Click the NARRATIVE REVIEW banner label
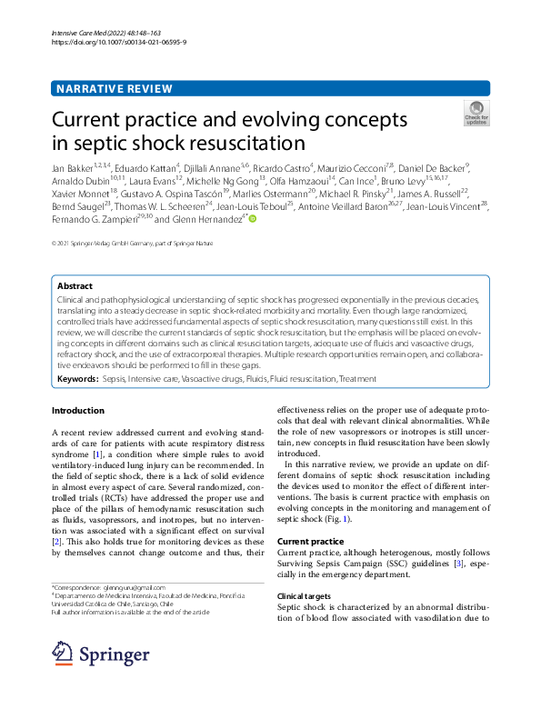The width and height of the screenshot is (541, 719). (114, 88)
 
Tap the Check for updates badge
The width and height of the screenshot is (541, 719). (476, 113)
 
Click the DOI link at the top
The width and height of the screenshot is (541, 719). (119, 42)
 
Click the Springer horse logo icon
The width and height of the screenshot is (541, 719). (62, 654)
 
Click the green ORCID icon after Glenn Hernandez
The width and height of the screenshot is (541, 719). (253, 219)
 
